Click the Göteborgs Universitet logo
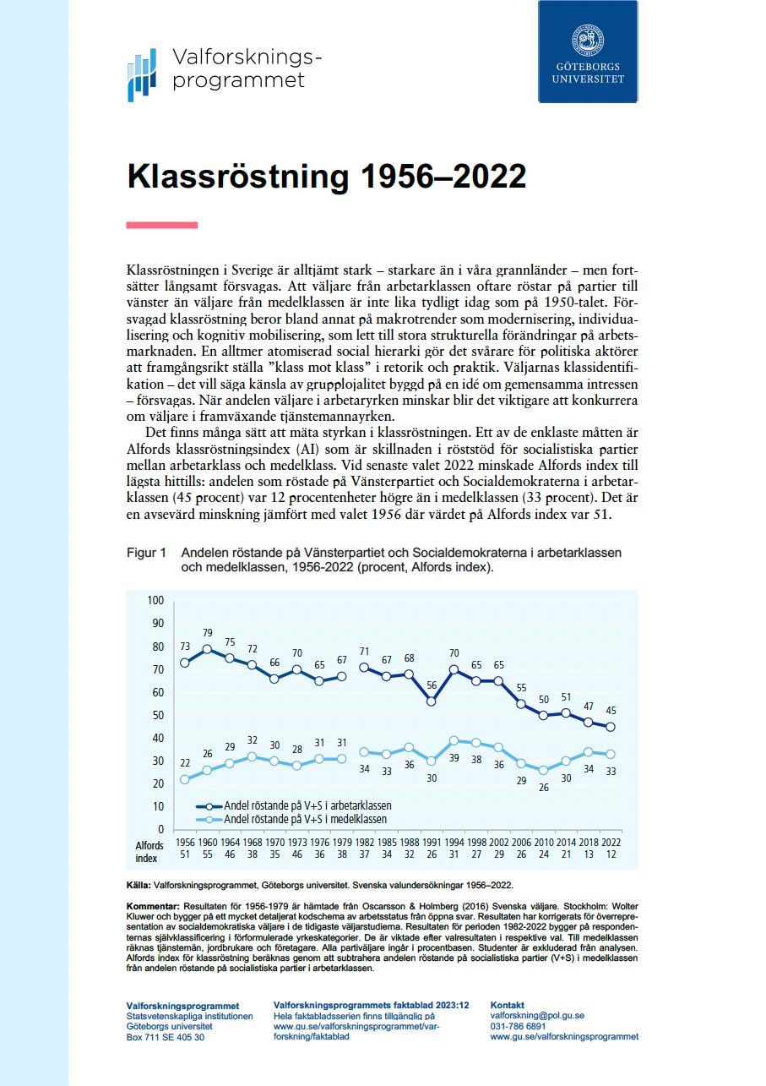[x=588, y=52]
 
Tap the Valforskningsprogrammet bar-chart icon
[x=142, y=74]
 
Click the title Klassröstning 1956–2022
[x=326, y=177]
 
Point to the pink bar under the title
[x=161, y=225]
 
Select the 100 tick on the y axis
[x=155, y=601]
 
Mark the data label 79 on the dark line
[x=208, y=633]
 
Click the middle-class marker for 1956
[x=184, y=779]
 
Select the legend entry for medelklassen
[x=304, y=820]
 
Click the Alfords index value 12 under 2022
[x=611, y=855]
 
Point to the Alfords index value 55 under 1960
[x=208, y=855]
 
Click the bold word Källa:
[x=138, y=886]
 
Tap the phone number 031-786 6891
[x=518, y=1026]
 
